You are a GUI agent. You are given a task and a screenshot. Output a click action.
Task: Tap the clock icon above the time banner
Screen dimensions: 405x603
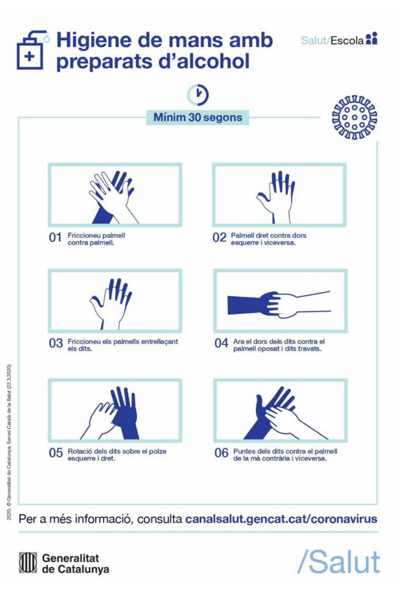198,95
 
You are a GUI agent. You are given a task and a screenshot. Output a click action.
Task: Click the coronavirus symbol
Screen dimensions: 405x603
354,117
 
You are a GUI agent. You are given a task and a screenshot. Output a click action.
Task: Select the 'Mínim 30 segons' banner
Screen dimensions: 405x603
198,118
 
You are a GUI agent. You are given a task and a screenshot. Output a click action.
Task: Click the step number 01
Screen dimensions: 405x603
55,237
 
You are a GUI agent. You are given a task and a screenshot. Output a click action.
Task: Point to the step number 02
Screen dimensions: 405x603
219,237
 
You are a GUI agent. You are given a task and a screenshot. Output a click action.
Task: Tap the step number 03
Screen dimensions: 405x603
56,343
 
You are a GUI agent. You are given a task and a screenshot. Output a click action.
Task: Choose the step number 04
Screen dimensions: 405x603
221,343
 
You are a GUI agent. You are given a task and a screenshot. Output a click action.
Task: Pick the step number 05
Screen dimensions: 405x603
56,453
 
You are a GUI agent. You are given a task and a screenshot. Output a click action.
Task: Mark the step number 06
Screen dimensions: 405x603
221,453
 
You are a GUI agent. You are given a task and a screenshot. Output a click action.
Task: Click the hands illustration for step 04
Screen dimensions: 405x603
279,305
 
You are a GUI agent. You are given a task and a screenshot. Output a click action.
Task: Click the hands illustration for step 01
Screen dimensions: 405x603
113,197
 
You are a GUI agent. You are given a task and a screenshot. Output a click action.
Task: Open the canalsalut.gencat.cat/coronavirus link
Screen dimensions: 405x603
281,519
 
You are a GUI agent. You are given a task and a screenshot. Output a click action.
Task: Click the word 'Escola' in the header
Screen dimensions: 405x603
347,40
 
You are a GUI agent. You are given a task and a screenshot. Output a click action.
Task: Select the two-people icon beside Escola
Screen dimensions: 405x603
371,39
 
